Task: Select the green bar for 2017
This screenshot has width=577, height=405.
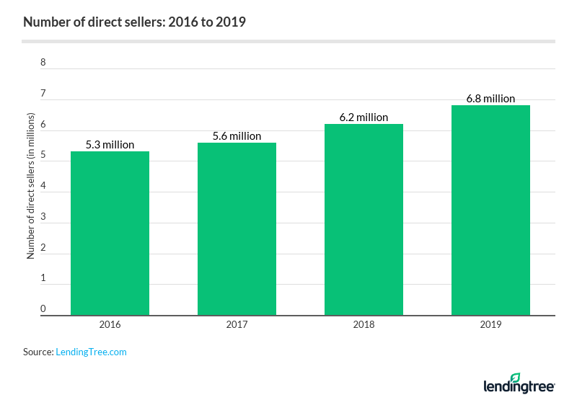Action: (237, 228)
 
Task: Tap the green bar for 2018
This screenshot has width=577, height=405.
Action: (364, 219)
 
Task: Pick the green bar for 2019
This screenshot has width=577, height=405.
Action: (490, 210)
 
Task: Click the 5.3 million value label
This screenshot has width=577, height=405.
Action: (110, 145)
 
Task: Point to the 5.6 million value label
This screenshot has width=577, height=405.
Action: (237, 135)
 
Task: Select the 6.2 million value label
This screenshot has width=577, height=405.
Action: (364, 117)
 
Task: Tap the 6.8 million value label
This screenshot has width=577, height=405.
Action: (490, 99)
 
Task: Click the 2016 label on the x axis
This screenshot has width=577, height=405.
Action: (110, 325)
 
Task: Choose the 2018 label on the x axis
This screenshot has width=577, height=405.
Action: (364, 325)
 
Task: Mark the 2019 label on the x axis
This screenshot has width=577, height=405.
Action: (490, 325)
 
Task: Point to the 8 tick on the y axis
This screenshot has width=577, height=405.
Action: (43, 62)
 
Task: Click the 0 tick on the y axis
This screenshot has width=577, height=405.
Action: (43, 309)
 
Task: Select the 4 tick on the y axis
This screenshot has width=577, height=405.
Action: (43, 186)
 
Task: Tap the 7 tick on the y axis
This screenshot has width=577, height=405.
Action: (43, 93)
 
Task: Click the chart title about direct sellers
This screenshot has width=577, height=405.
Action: (134, 22)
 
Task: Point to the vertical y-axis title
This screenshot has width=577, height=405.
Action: (30, 186)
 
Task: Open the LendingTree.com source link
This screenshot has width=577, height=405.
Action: (91, 352)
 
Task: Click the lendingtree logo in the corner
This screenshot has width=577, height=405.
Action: (519, 384)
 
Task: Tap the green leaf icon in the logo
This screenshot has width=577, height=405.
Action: (515, 377)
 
